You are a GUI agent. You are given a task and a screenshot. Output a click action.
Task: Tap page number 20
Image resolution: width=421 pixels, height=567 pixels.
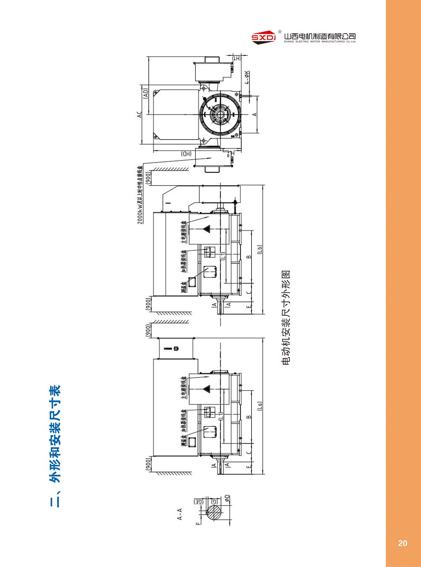[x=402, y=543]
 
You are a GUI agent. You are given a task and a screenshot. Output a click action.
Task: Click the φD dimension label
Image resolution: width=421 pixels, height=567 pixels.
[x=227, y=498]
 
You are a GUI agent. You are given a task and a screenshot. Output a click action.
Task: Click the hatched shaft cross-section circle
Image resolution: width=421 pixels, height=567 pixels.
[x=214, y=513]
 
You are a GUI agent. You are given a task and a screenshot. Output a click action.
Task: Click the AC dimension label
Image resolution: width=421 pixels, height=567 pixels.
[x=139, y=115]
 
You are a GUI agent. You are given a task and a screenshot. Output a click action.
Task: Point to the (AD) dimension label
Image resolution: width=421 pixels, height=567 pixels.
[x=145, y=93]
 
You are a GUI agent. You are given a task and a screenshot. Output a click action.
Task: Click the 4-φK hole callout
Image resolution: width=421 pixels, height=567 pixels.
[x=247, y=77]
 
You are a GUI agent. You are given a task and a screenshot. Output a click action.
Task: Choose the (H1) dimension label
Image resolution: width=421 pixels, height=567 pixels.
[x=237, y=58]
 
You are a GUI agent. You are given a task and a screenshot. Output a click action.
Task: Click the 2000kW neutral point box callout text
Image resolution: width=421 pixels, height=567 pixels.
[x=140, y=195]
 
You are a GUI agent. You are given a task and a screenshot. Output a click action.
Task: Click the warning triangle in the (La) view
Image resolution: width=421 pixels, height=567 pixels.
[x=207, y=389]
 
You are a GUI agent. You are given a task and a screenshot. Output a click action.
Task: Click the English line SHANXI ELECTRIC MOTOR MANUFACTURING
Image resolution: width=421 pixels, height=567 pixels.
[x=320, y=42]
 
